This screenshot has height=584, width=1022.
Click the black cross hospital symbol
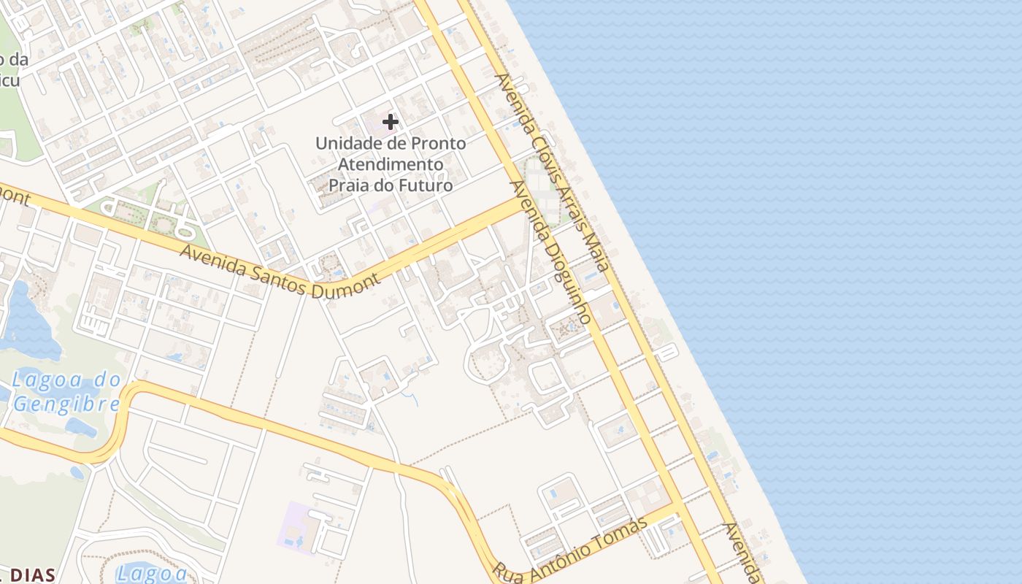tap(391, 122)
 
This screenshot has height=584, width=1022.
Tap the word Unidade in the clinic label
tap(344, 144)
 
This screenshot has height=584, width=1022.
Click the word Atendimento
tap(390, 164)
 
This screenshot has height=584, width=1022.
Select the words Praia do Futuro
tap(390, 185)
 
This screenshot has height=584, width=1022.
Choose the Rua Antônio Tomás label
tap(570, 549)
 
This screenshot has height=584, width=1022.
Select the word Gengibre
tap(66, 404)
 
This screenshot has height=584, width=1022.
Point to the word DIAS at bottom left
tap(33, 575)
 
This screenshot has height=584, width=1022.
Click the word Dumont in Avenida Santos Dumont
tap(345, 285)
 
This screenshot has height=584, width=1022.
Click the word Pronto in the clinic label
tap(436, 144)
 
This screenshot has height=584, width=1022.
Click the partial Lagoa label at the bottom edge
tap(152, 573)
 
